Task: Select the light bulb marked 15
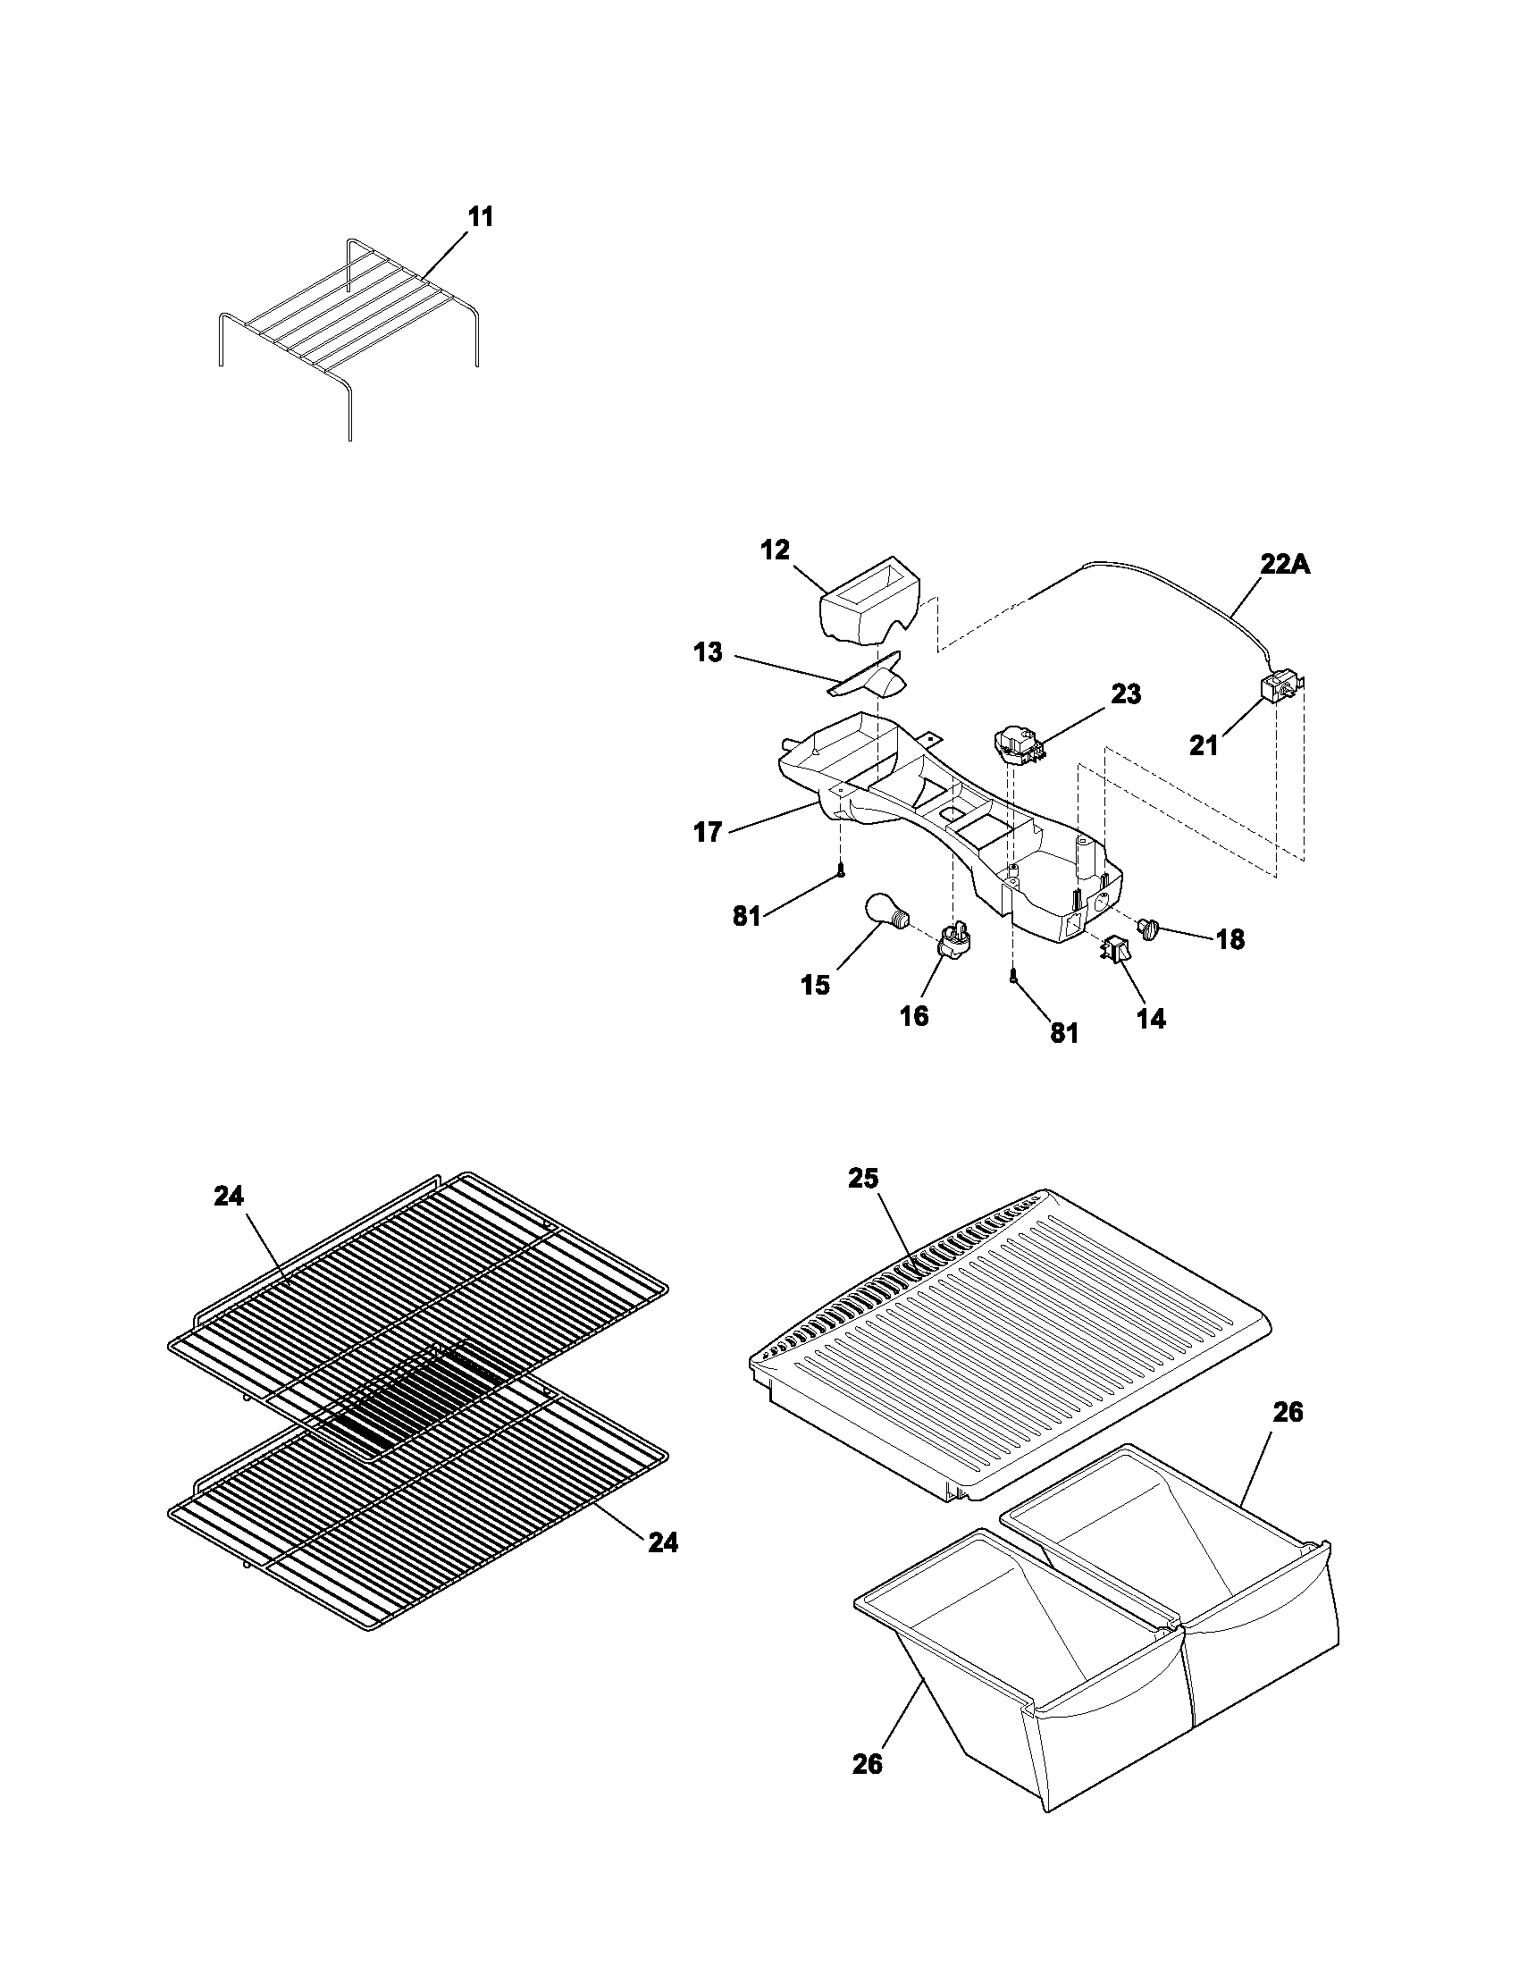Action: point(885,910)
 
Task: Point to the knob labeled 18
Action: point(1149,928)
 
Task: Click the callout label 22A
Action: point(1284,565)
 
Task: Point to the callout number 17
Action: point(709,832)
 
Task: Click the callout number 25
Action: point(863,1179)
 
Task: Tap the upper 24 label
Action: point(229,1196)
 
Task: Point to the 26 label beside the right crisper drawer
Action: point(1288,1412)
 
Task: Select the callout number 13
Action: point(709,652)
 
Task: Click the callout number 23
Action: point(1126,694)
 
